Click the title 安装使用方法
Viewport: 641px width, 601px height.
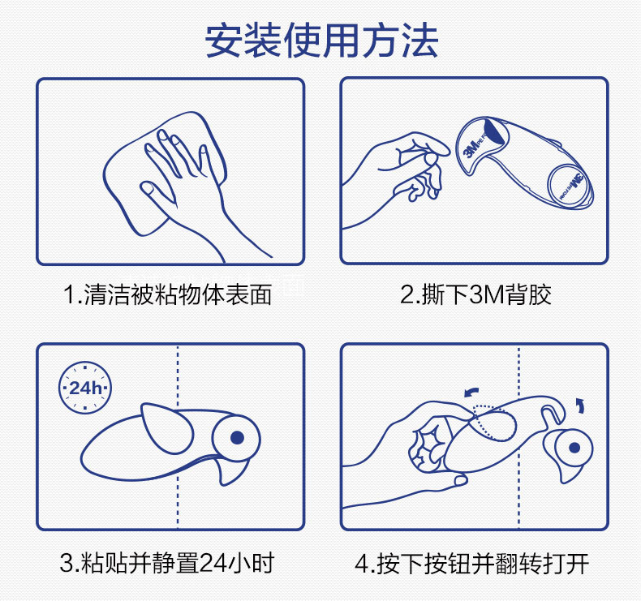[x=321, y=41]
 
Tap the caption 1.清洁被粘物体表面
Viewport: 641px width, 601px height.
[x=168, y=294]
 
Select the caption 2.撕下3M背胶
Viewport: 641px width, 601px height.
[x=475, y=294]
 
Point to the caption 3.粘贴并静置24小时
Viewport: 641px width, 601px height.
[x=167, y=563]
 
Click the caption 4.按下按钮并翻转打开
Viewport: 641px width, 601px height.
[x=471, y=564]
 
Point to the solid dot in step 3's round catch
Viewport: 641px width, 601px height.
[x=238, y=437]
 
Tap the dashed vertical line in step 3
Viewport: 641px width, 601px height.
[x=178, y=437]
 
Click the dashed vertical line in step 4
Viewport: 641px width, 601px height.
[x=518, y=437]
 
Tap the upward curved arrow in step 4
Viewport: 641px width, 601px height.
[x=580, y=406]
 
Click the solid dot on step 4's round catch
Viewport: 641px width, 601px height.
[x=574, y=448]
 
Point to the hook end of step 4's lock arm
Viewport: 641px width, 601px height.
[x=553, y=413]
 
